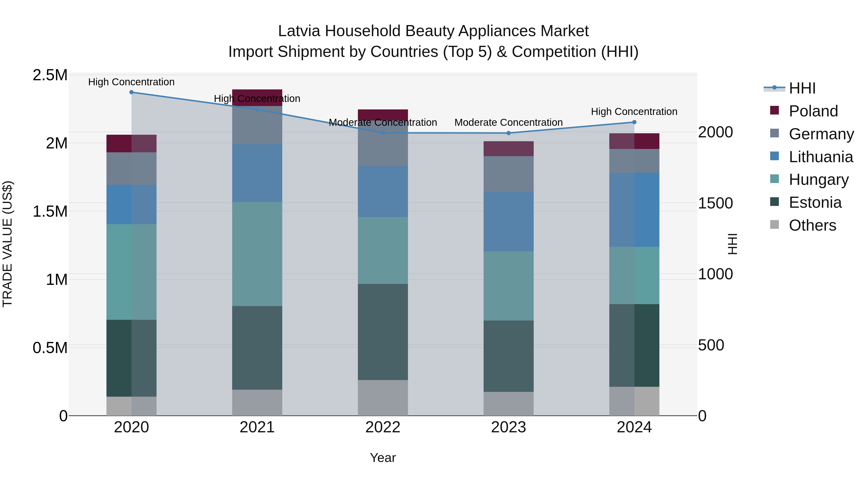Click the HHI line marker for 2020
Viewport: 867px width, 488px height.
[131, 92]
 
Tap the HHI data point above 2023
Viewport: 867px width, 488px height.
[509, 133]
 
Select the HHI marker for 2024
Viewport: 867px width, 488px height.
[634, 122]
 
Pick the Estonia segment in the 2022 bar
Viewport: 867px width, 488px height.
[383, 332]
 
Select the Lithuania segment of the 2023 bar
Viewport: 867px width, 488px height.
[509, 221]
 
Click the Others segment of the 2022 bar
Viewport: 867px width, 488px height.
[383, 397]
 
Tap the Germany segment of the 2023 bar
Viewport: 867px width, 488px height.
[509, 174]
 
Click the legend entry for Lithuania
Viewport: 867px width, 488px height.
[821, 157]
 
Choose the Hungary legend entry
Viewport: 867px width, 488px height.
[819, 180]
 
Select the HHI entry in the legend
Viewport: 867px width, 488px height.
[802, 88]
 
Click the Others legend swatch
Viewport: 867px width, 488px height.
[775, 225]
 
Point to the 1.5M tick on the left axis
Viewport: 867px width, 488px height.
[50, 212]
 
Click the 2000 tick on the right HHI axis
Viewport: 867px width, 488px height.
[715, 132]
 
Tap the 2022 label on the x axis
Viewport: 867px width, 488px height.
[383, 427]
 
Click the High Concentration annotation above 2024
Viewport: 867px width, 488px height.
[634, 112]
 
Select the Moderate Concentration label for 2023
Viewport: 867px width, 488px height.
[509, 122]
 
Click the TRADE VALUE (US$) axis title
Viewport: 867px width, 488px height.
[7, 244]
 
